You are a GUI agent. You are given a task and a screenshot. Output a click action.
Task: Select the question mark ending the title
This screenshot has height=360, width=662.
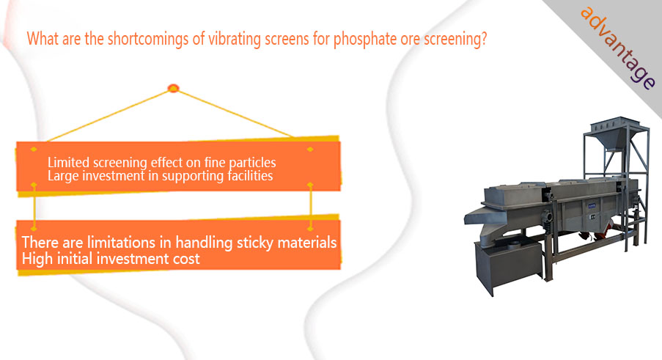(x=483, y=38)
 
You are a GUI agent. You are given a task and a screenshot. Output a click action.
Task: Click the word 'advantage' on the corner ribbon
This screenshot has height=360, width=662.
(x=618, y=48)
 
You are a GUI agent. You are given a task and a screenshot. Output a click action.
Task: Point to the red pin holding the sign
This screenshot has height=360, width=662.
(x=173, y=88)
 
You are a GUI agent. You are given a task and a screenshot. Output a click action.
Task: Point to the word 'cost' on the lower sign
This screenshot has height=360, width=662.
(x=186, y=259)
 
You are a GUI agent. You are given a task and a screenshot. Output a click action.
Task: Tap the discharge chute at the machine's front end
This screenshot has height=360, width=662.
(x=485, y=216)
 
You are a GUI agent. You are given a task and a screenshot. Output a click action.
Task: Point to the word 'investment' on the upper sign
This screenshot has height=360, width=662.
(x=113, y=175)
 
